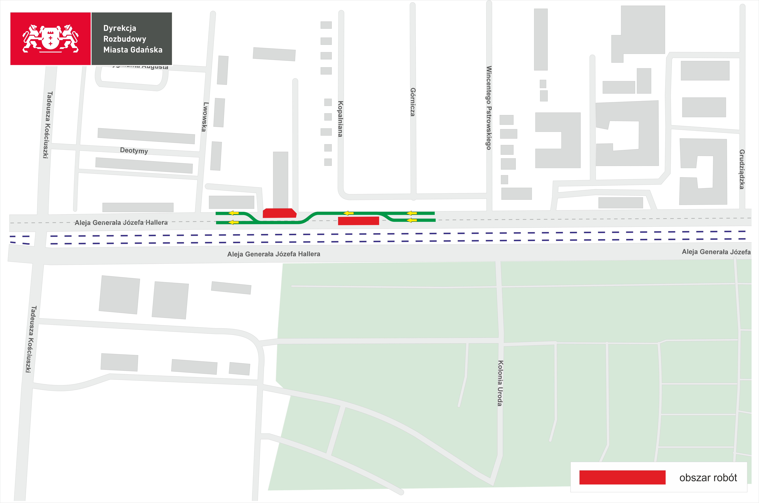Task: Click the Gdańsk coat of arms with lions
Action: pyautogui.click(x=50, y=39)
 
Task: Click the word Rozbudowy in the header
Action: pyautogui.click(x=125, y=39)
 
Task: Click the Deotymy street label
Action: pyautogui.click(x=134, y=150)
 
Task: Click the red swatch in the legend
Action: pyautogui.click(x=622, y=477)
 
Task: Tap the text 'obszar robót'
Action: pyautogui.click(x=708, y=478)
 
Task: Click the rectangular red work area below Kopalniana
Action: pyautogui.click(x=358, y=221)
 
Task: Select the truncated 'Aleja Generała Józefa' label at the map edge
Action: pyautogui.click(x=716, y=252)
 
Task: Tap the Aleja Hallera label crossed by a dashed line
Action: pyautogui.click(x=121, y=222)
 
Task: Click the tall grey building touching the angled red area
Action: pyautogui.click(x=280, y=180)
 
